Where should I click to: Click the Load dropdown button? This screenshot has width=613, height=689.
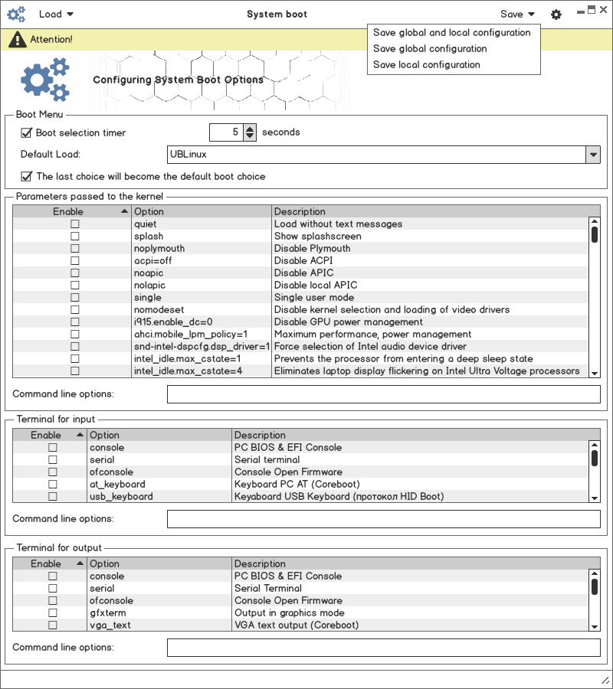pos(56,14)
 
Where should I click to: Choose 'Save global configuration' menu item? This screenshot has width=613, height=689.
pos(430,49)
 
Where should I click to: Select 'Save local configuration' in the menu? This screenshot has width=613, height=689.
pos(427,65)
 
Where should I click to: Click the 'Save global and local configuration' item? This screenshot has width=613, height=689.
pos(451,33)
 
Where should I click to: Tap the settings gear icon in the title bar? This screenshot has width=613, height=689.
pos(556,15)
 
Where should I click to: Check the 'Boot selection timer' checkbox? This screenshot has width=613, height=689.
pos(27,132)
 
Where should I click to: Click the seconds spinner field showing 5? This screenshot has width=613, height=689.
pos(226,132)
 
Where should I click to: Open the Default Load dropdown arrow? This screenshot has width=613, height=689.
pos(592,155)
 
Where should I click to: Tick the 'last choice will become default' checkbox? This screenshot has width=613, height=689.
pos(27,177)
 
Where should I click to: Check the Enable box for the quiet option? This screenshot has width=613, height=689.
pos(75,224)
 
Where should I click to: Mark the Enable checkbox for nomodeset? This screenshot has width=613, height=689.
pos(75,310)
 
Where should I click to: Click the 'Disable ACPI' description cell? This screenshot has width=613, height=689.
pos(303,261)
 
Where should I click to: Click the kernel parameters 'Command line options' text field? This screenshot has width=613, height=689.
pos(383,394)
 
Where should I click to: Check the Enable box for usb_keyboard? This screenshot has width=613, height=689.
pos(53,497)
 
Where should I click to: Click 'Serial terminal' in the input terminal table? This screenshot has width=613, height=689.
pos(267,460)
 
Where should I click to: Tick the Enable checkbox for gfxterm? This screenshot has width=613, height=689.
pos(53,613)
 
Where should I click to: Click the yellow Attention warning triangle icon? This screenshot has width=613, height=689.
pos(17,40)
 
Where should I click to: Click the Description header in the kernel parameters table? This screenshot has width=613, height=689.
pos(300,211)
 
